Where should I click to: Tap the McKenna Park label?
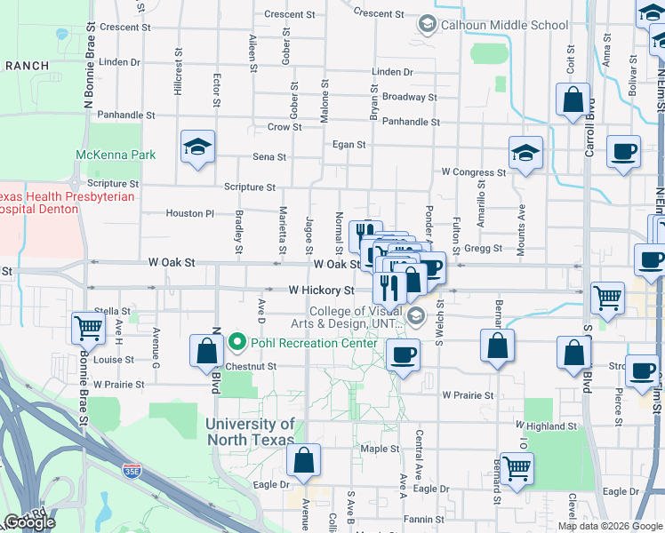point(116,155)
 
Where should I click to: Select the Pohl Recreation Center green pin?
point(236,341)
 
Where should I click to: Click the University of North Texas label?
point(250,432)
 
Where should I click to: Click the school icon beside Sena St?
point(198,148)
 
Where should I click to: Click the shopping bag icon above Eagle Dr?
point(303,460)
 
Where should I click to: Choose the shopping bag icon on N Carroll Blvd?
point(573,100)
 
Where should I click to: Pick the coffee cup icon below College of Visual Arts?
point(403,355)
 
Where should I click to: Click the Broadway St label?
point(409,97)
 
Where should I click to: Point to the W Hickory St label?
point(321,290)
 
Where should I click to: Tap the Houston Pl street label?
point(190,213)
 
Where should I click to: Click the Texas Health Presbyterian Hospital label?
point(39,203)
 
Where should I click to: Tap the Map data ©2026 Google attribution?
point(609,526)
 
